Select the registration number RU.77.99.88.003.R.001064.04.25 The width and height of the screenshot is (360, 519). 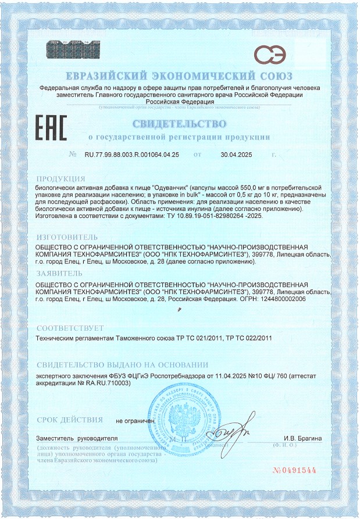pos(132,155)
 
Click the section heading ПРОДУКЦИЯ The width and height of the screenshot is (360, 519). pos(61,178)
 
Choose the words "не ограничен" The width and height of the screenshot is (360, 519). pos(136,420)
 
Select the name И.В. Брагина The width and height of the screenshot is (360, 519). pos(302,437)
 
